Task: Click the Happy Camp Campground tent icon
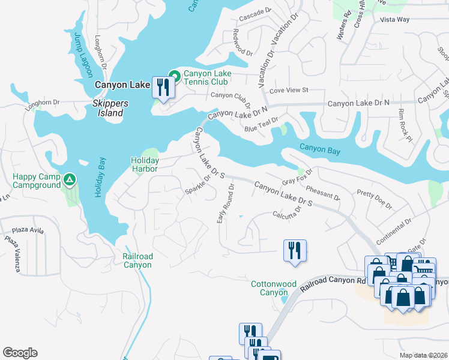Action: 70,179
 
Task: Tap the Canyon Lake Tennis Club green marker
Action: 174,76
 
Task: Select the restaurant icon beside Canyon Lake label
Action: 163,88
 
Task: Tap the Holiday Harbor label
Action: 145,164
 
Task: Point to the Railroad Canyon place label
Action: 137,260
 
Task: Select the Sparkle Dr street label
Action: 200,183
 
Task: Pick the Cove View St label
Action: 288,90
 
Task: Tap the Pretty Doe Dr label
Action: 374,200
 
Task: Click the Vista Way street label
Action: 395,19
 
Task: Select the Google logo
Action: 20,353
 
